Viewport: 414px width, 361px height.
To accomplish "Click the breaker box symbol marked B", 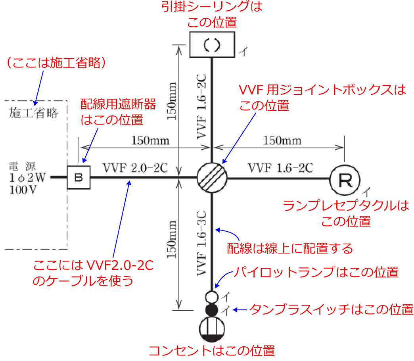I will coord(79,177).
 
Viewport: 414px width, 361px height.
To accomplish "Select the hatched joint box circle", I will coord(212,177).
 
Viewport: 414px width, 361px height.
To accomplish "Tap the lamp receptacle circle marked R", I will coord(344,179).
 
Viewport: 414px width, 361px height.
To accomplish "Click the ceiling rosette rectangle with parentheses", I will coord(212,44).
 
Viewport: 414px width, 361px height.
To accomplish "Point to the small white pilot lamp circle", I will coord(212,296).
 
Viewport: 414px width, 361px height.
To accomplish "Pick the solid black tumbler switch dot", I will coord(212,309).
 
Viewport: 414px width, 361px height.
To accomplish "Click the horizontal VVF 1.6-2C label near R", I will coord(280,168).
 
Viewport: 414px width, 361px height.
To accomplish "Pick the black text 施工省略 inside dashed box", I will coord(34,114).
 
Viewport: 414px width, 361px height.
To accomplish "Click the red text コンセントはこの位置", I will coord(211,351).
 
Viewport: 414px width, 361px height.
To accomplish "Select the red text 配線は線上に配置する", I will coord(290,249).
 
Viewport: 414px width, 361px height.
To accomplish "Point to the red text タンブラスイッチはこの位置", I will coord(332,309).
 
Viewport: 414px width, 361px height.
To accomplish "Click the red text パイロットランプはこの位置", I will coord(315,273).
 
